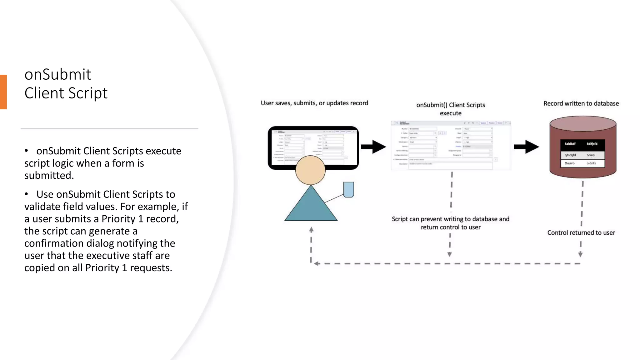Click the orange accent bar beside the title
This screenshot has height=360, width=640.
point(3,92)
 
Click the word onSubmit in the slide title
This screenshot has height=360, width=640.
point(58,75)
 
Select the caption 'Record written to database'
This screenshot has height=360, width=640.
point(581,103)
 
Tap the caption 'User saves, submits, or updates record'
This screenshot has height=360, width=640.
point(314,103)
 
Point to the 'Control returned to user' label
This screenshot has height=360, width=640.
point(581,232)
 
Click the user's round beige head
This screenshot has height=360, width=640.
point(310,170)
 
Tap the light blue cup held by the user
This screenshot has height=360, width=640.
point(348,189)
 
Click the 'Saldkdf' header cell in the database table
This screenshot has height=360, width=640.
point(570,144)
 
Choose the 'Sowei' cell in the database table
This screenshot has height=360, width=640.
point(591,155)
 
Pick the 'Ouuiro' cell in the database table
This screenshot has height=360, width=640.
point(569,163)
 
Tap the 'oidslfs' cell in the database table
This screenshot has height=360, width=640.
point(591,163)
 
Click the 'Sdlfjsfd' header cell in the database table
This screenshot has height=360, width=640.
point(592,144)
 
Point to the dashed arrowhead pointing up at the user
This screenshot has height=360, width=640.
point(311,230)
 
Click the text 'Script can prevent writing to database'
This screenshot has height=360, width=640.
point(450,219)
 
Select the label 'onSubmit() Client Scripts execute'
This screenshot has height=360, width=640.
point(451,109)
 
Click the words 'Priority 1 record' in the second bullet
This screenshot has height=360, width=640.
point(140,219)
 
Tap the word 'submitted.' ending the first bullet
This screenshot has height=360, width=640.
point(49,176)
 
